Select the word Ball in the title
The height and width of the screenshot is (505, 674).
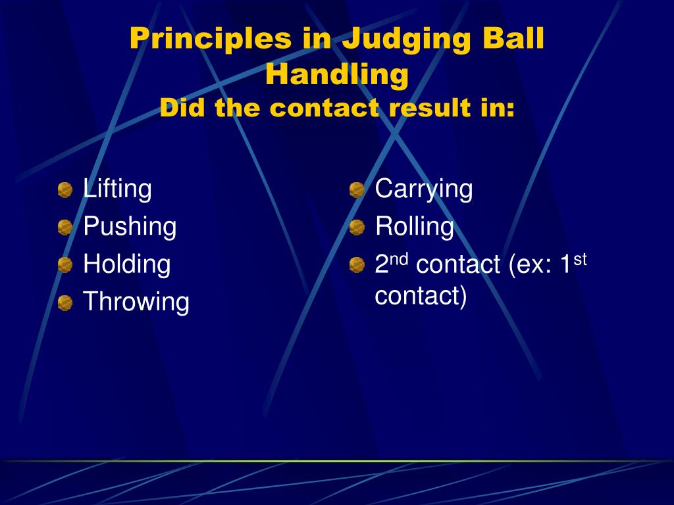pyautogui.click(x=511, y=39)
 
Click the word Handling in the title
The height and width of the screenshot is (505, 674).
pyautogui.click(x=337, y=74)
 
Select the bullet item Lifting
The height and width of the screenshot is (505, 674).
pyautogui.click(x=117, y=189)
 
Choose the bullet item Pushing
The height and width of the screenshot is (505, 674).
pyautogui.click(x=130, y=227)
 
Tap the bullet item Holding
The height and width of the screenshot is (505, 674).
pyautogui.click(x=126, y=264)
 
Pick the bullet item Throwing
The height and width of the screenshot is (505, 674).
pyautogui.click(x=136, y=302)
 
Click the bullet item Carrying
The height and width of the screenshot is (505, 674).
pyautogui.click(x=424, y=189)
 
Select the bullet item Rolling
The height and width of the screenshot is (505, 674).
pyautogui.click(x=415, y=227)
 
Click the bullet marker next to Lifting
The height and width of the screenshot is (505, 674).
pyautogui.click(x=65, y=190)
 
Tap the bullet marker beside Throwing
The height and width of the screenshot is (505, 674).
pyautogui.click(x=65, y=303)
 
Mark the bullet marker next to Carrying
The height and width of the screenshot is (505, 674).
pyautogui.click(x=357, y=190)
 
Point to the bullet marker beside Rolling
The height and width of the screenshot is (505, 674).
pyautogui.click(x=357, y=228)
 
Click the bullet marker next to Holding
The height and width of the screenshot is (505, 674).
pyautogui.click(x=65, y=265)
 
